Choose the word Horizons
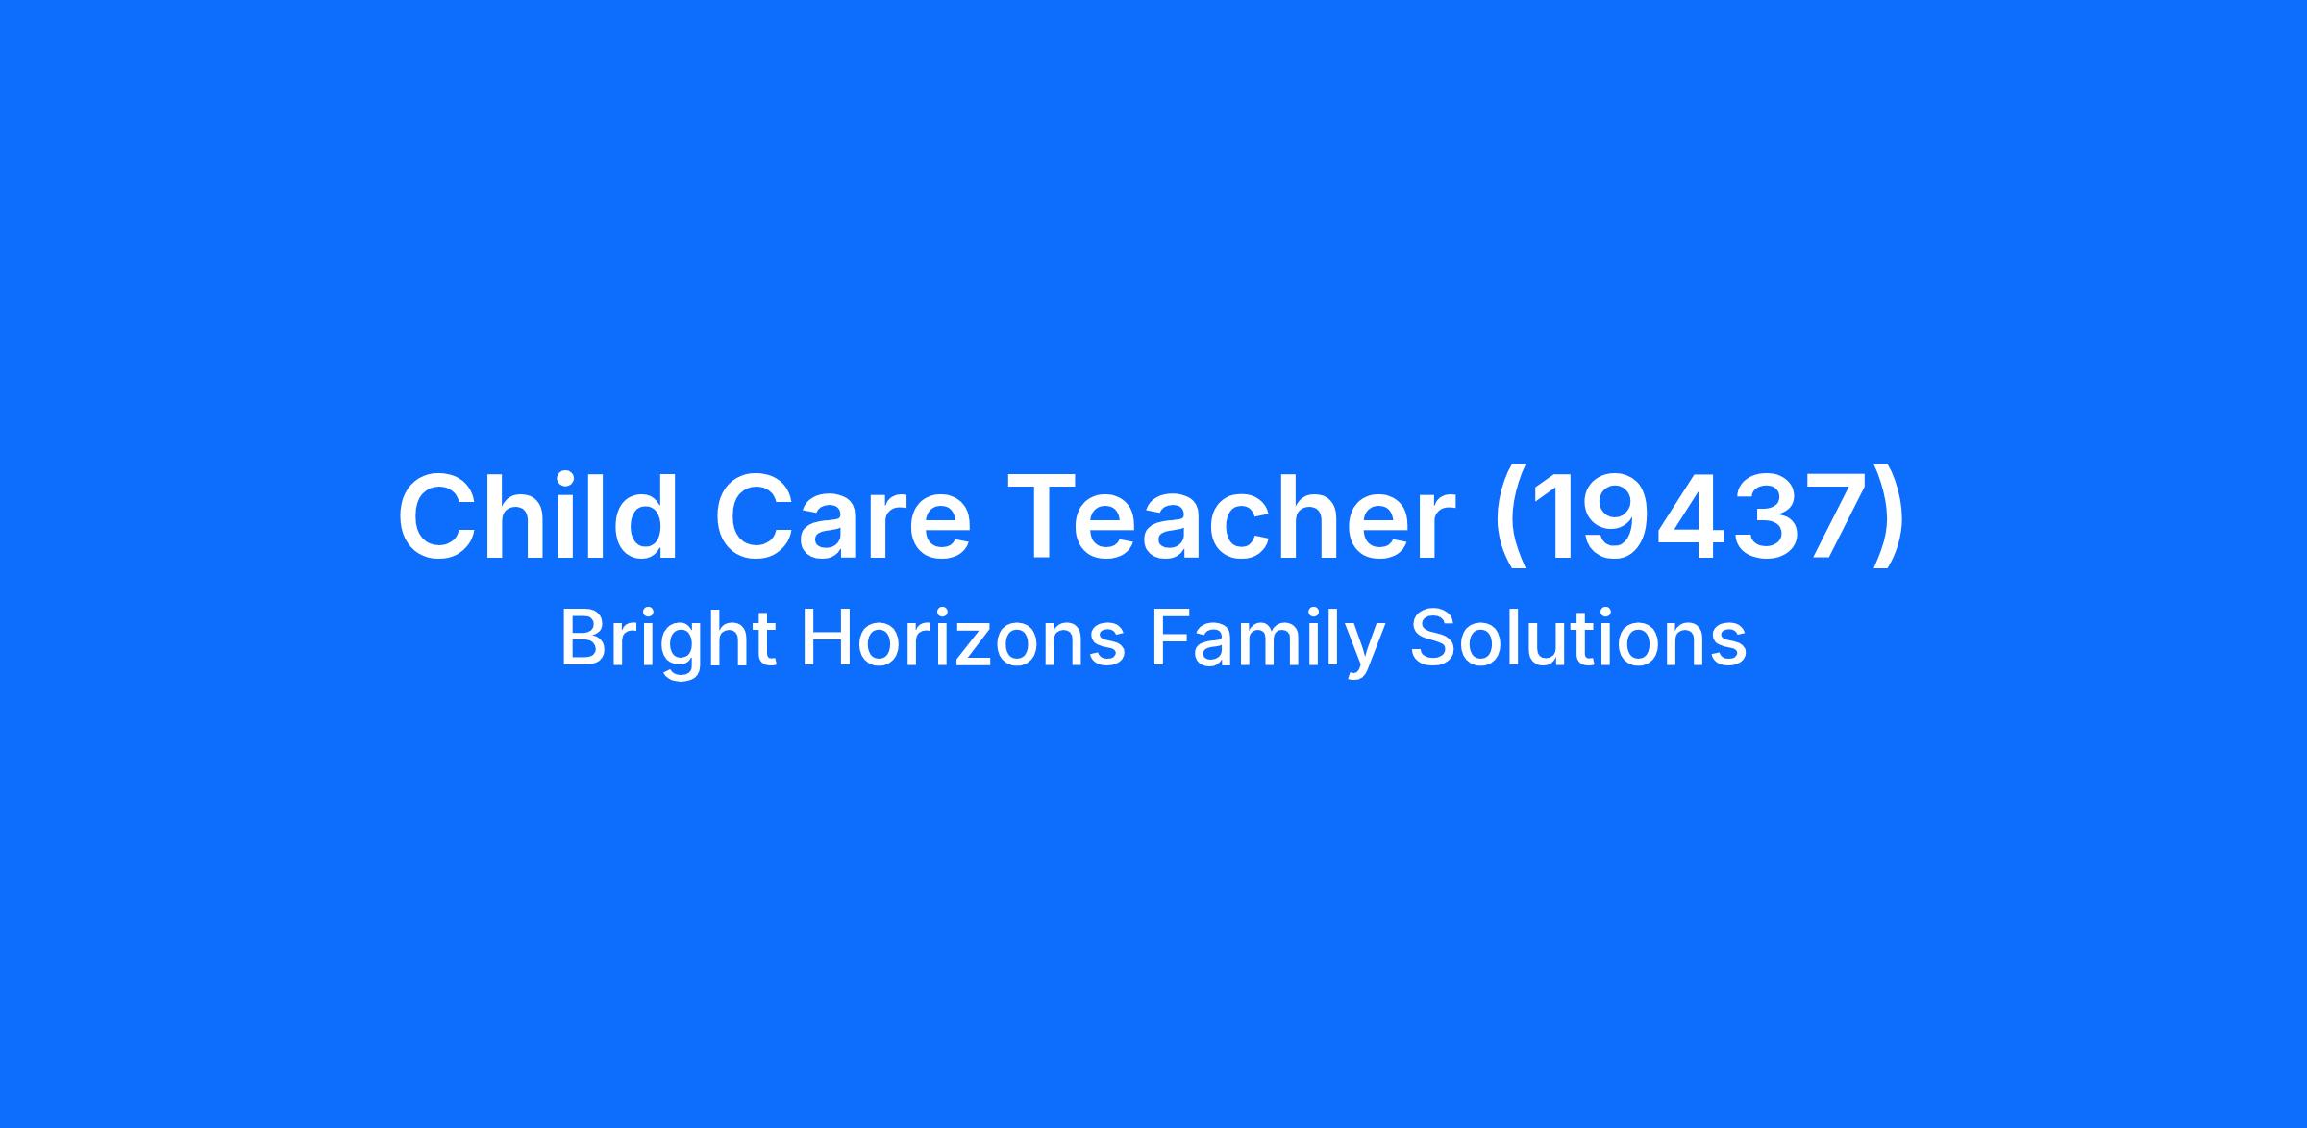[x=962, y=639]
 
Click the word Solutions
[x=1578, y=639]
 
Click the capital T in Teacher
[x=1041, y=517]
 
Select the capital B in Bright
[x=583, y=638]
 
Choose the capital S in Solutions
[x=1432, y=638]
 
